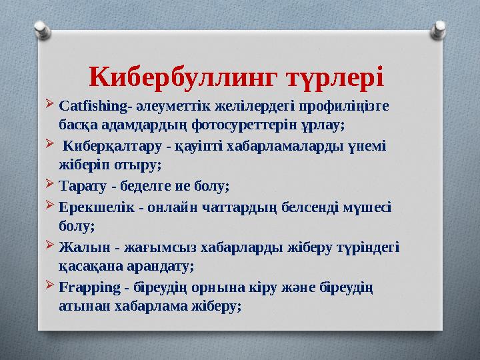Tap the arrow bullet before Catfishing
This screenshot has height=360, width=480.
point(51,105)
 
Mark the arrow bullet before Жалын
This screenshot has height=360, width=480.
point(51,247)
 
